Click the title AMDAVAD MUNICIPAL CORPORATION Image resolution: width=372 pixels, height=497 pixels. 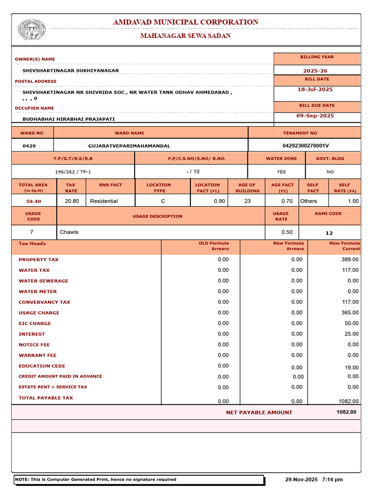pyautogui.click(x=186, y=22)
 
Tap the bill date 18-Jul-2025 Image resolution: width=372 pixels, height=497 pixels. pyautogui.click(x=315, y=89)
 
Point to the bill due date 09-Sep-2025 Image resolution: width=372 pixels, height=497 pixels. pyautogui.click(x=315, y=116)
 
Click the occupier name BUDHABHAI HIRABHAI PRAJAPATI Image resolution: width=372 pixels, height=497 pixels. pyautogui.click(x=69, y=118)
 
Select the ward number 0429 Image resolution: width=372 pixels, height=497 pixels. pyautogui.click(x=29, y=146)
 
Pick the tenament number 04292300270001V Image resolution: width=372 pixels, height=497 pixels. pyautogui.click(x=306, y=146)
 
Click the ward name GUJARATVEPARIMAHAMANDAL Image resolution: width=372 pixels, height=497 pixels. pyautogui.click(x=129, y=146)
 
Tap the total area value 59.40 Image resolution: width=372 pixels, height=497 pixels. pyautogui.click(x=33, y=201)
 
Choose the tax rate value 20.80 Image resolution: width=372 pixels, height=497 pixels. pyautogui.click(x=72, y=201)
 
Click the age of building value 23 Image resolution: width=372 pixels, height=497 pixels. pyautogui.click(x=248, y=201)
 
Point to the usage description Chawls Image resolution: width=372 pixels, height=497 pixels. pyautogui.click(x=69, y=232)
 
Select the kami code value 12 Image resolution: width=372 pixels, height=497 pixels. pyautogui.click(x=329, y=233)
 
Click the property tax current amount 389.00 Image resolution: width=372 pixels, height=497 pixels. pyautogui.click(x=350, y=260)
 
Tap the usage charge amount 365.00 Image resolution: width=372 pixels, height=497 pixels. pyautogui.click(x=350, y=313)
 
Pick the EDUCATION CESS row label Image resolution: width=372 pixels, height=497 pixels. pyautogui.click(x=42, y=366)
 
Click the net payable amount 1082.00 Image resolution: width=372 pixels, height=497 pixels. pyautogui.click(x=346, y=412)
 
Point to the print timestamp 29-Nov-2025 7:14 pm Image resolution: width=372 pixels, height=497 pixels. pyautogui.click(x=314, y=480)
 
